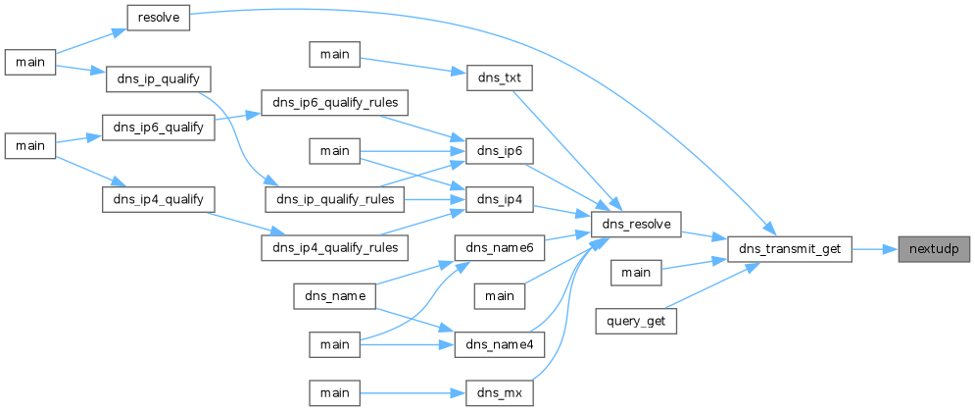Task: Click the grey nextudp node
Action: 933,249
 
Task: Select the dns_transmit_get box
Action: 789,249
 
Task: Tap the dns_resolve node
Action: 636,225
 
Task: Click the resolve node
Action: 158,18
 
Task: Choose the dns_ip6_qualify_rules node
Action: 334,102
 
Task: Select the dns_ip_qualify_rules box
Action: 334,199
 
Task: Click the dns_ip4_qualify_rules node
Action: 334,248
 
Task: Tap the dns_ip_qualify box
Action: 159,78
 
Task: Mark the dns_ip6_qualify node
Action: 158,128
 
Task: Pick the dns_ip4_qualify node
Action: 158,199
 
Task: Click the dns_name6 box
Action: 500,248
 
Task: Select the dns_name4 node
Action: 500,345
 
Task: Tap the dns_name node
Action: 334,296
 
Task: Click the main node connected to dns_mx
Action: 335,393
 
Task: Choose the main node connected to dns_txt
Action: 335,54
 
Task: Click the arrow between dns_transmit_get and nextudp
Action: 874,249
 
